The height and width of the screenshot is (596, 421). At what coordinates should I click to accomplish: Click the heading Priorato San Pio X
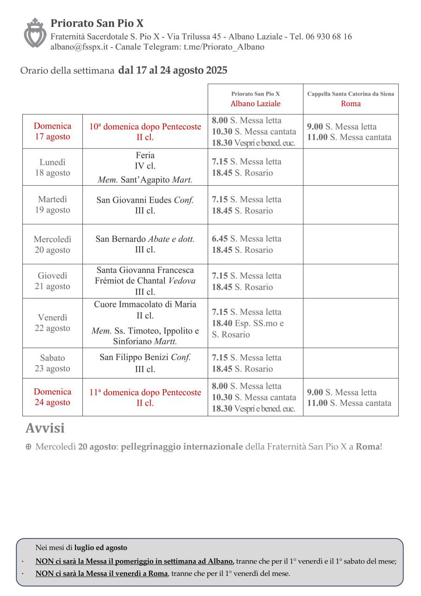click(97, 23)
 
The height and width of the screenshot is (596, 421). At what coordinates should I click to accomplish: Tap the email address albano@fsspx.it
click(79, 47)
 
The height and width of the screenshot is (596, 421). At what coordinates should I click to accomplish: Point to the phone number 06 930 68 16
click(328, 36)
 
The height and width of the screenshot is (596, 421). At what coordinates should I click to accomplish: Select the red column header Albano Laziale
click(255, 103)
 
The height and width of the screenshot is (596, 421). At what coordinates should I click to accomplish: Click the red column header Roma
click(351, 103)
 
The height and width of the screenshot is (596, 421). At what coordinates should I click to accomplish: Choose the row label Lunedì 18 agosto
click(53, 168)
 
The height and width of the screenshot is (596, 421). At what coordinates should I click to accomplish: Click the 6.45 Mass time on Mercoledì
click(220, 238)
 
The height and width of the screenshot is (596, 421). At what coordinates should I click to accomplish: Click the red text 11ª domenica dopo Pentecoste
click(145, 392)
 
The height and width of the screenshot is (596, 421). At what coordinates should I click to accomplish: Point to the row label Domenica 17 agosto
click(53, 131)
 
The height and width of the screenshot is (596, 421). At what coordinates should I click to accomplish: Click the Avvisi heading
click(45, 428)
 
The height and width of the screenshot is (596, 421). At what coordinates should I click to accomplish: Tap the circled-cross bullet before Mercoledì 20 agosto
click(28, 447)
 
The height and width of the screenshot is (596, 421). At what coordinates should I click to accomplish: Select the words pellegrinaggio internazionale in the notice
click(182, 447)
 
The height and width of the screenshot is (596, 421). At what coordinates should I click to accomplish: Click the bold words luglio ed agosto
click(101, 548)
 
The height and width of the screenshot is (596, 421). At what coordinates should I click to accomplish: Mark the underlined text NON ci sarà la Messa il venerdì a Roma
click(102, 573)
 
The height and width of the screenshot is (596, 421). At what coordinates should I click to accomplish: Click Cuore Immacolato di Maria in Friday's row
click(145, 305)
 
